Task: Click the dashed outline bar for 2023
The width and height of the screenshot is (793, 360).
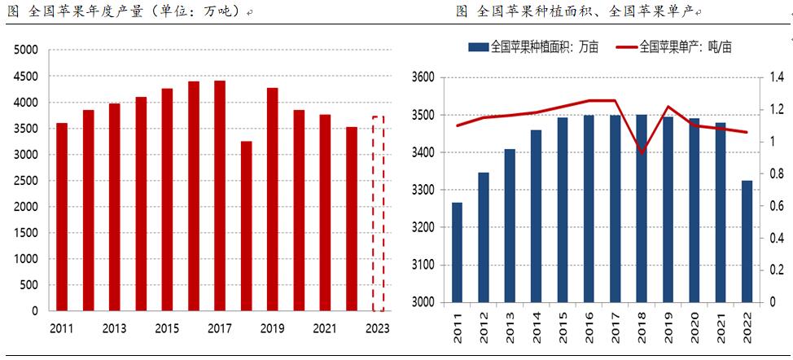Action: click(378, 213)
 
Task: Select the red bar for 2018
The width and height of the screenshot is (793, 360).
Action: click(246, 226)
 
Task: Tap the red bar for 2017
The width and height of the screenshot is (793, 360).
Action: click(220, 195)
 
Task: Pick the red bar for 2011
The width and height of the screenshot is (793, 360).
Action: click(62, 217)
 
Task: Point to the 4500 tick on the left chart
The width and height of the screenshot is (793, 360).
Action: click(27, 76)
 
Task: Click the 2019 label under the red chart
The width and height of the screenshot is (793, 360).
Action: click(272, 327)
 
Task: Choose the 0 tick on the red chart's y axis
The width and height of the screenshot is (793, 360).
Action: click(35, 310)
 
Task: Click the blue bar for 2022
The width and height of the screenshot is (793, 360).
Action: click(747, 241)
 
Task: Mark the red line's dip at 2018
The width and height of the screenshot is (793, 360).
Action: click(642, 152)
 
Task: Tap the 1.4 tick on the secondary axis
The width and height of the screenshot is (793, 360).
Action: click(772, 78)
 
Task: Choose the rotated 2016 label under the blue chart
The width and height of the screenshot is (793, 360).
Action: click(589, 328)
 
